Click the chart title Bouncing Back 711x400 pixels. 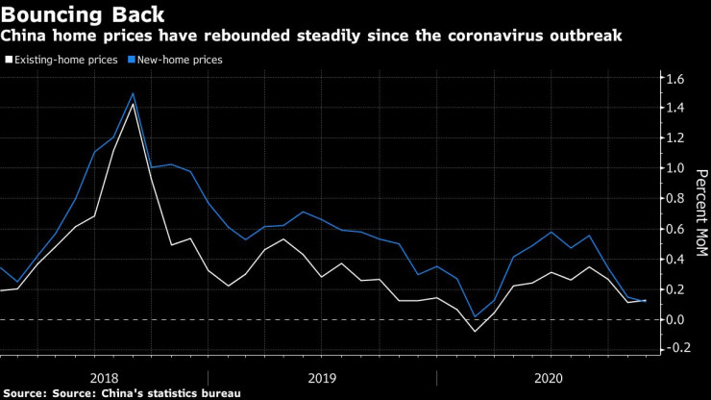click(83, 14)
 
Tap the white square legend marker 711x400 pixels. click(9, 60)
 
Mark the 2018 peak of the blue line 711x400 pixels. click(133, 93)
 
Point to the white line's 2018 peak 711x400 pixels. click(133, 103)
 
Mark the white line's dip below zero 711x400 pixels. click(475, 332)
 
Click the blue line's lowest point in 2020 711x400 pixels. click(475, 316)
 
